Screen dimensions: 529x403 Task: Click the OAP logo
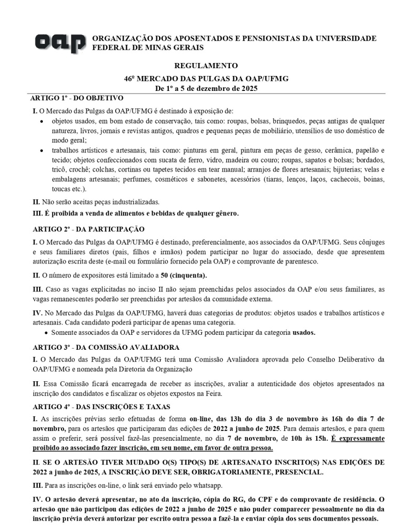tap(60, 43)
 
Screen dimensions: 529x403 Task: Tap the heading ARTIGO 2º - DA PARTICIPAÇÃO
tap(88, 229)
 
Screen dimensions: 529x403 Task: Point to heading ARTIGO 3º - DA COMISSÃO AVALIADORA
tap(106, 348)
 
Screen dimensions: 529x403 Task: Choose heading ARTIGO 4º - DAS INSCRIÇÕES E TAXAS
tap(103, 407)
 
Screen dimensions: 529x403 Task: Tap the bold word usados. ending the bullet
tap(303, 332)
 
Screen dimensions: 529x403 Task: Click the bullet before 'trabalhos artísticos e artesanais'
tap(42, 150)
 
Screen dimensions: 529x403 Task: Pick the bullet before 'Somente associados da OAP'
tap(47, 332)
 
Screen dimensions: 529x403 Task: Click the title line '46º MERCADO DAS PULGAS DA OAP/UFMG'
tap(206, 78)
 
